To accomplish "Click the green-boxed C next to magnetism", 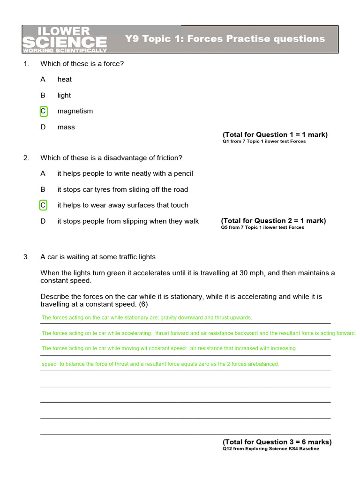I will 43,111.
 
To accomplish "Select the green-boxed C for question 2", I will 43,205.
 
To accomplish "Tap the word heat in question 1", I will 65,79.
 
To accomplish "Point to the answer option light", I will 64,95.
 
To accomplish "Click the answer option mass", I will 66,127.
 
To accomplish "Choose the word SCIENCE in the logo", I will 64,43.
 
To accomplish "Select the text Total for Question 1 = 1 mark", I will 275,135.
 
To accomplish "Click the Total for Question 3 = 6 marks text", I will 277,442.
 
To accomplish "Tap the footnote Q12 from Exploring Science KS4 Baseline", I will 270,449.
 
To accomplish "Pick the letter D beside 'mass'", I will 43,127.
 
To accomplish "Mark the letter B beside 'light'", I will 43,95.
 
